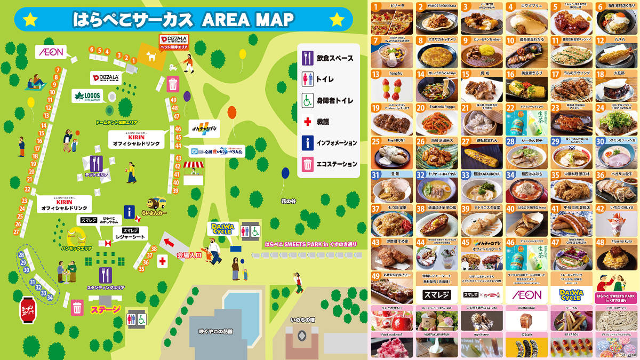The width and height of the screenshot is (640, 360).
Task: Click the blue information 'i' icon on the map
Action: (129, 212)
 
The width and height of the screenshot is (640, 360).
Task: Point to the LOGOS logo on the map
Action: (87, 96)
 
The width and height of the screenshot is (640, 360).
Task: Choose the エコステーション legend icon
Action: (307, 164)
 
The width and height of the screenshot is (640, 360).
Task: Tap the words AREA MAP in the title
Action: (248, 20)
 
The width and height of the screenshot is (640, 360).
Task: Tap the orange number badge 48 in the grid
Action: (600, 242)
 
